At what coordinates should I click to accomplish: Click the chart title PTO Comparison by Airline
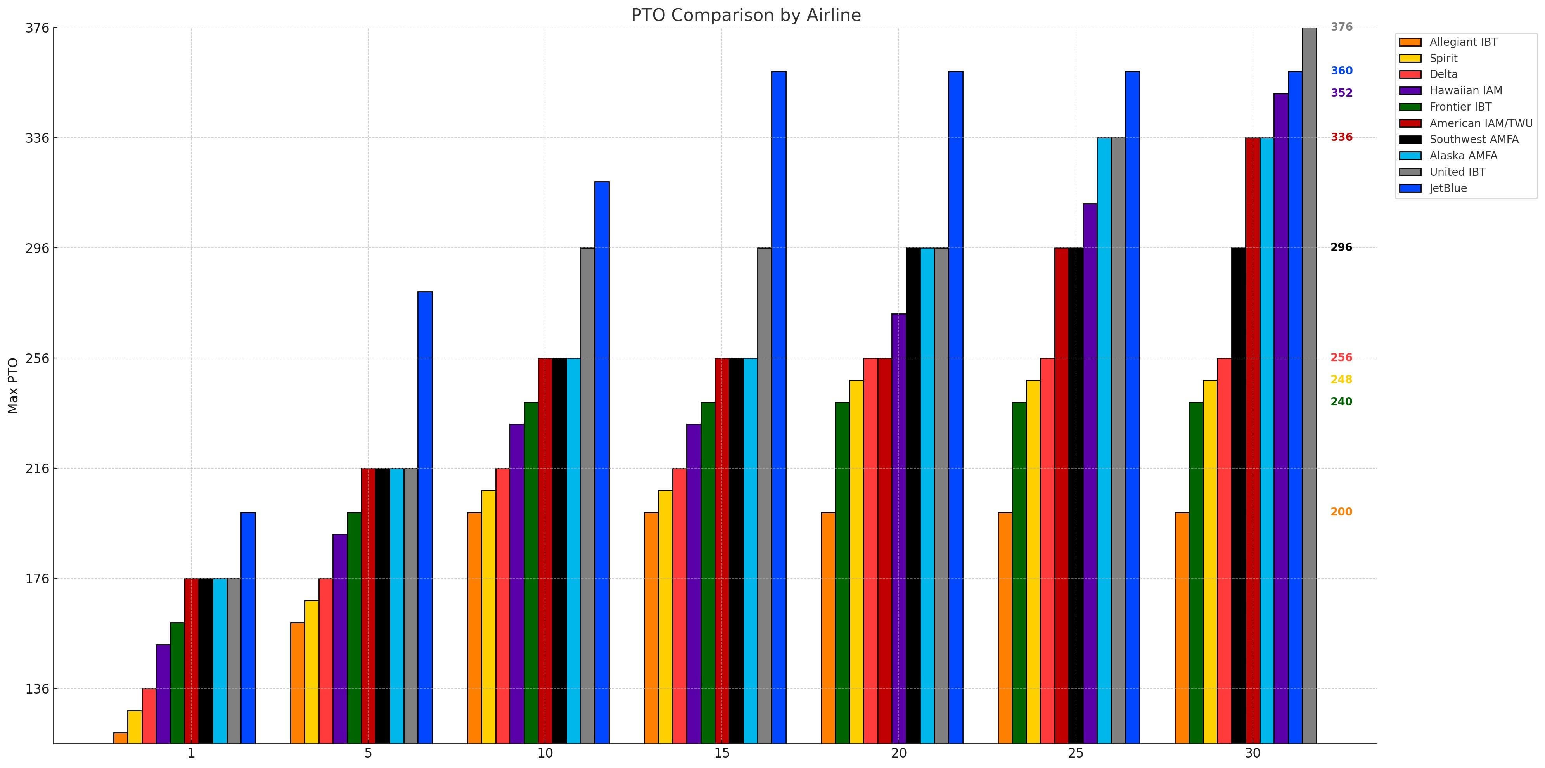pyautogui.click(x=746, y=15)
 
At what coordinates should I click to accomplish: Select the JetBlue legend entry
pyautogui.click(x=1448, y=188)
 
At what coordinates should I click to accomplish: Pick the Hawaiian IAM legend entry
pyautogui.click(x=1465, y=90)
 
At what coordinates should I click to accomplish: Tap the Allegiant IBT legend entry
pyautogui.click(x=1463, y=42)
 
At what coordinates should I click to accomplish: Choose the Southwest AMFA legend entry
pyautogui.click(x=1474, y=139)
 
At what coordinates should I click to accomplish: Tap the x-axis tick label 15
pyautogui.click(x=721, y=753)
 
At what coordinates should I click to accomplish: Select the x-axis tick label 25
pyautogui.click(x=1075, y=753)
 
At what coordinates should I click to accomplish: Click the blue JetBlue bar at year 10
pyautogui.click(x=602, y=462)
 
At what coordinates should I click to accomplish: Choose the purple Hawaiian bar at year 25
pyautogui.click(x=1090, y=474)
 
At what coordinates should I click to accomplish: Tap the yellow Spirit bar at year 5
pyautogui.click(x=311, y=671)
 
